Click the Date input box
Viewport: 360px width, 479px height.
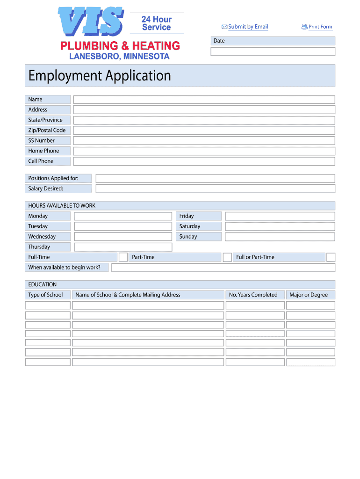[x=273, y=51]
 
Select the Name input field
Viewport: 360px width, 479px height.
[x=204, y=100]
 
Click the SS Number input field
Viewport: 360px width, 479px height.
[x=204, y=141]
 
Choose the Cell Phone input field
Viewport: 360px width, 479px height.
[x=204, y=161]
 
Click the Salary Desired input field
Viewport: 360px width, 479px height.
[x=215, y=189]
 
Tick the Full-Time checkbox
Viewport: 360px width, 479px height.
[x=123, y=257]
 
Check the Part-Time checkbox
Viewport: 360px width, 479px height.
[x=227, y=257]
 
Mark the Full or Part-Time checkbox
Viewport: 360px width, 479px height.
[x=331, y=257]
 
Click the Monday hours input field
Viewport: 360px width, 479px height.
[x=123, y=216]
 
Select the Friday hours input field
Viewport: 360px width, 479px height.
[x=280, y=216]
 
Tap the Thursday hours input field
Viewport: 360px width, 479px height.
[x=123, y=247]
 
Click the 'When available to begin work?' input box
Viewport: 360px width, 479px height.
[x=223, y=268]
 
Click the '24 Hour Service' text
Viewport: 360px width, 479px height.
[x=157, y=23]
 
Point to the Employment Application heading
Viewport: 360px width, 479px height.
[x=100, y=76]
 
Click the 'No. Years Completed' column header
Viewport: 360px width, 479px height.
[x=253, y=295]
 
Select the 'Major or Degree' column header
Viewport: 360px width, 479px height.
[x=309, y=295]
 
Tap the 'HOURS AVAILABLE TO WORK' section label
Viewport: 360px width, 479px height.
[x=62, y=206]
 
